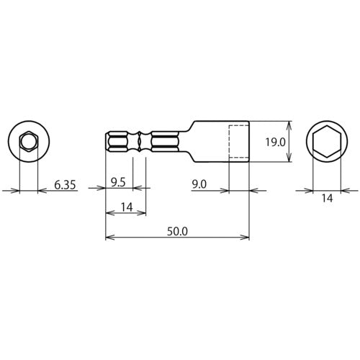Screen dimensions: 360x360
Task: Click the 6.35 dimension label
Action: (66, 185)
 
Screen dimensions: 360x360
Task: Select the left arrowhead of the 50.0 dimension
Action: (109, 237)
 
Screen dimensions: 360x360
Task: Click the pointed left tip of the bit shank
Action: (107, 142)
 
